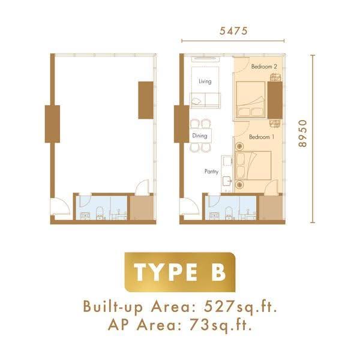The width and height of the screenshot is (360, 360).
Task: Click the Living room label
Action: click(205, 81)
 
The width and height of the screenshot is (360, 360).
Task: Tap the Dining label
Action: click(200, 136)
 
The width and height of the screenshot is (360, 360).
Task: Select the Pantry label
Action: click(211, 172)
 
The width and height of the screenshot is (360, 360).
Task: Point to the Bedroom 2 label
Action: click(264, 67)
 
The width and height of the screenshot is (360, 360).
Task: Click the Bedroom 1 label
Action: click(262, 137)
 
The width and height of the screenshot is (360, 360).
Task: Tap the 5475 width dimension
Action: click(233, 31)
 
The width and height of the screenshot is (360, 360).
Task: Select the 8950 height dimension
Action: click(302, 133)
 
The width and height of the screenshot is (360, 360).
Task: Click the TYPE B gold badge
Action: click(180, 272)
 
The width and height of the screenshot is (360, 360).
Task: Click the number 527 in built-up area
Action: click(218, 307)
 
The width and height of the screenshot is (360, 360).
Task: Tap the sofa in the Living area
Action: click(205, 100)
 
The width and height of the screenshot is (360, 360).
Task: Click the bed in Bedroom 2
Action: click(251, 100)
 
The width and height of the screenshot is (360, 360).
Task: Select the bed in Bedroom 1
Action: click(253, 166)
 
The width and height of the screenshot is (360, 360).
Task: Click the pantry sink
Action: click(227, 181)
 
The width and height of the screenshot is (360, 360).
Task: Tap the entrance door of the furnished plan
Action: click(189, 206)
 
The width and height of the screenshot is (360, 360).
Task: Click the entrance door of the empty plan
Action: click(60, 206)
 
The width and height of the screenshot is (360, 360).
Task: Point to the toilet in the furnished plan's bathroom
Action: click(229, 213)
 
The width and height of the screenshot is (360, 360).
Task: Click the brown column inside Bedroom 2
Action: click(275, 100)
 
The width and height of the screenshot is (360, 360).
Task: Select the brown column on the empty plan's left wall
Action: click(52, 124)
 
